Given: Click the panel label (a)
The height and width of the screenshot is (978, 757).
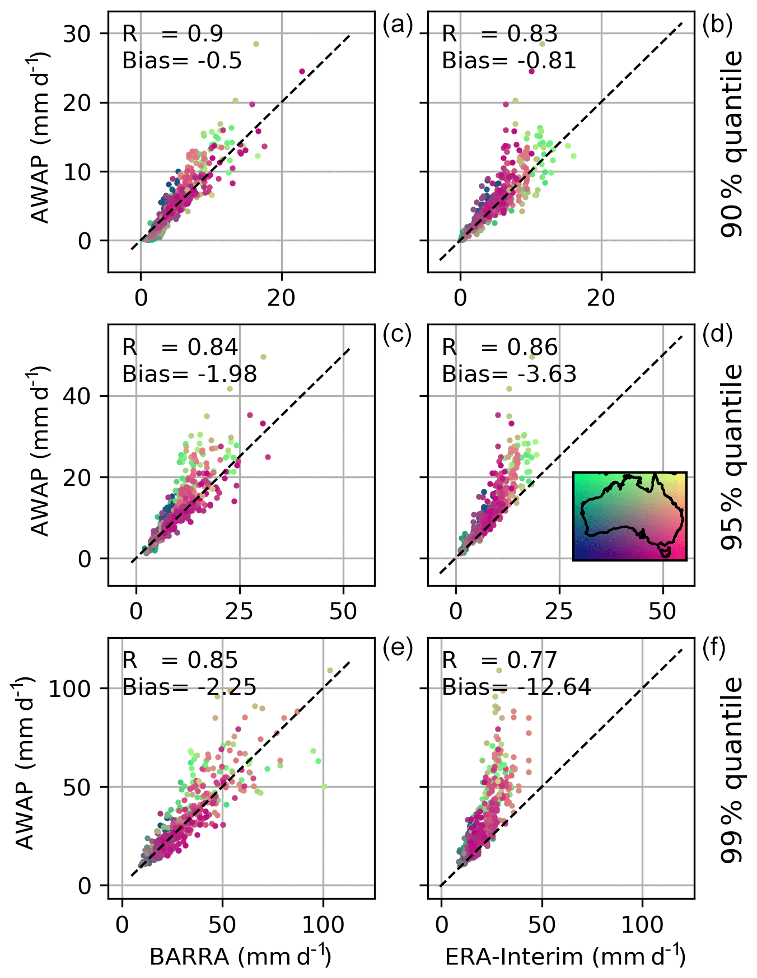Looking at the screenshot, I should pyautogui.click(x=397, y=25).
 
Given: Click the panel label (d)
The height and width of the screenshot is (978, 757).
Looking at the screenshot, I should pyautogui.click(x=717, y=334).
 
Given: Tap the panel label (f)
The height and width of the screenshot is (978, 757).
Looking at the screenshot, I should pyautogui.click(x=714, y=648).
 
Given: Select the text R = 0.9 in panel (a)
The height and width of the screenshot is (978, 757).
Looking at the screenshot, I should pyautogui.click(x=172, y=34).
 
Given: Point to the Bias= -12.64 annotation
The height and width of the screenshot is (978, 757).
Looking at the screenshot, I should pyautogui.click(x=516, y=687).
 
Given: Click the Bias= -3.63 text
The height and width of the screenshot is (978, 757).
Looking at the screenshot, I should pyautogui.click(x=509, y=374).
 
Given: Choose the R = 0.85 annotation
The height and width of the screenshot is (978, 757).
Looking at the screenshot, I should pyautogui.click(x=180, y=661).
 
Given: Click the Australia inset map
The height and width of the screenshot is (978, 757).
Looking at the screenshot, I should pyautogui.click(x=629, y=516).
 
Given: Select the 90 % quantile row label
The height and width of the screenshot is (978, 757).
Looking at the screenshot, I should pyautogui.click(x=731, y=144).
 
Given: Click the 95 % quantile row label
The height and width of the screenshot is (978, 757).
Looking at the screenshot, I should pyautogui.click(x=731, y=457).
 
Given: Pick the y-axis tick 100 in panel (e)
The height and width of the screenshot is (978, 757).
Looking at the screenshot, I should pyautogui.click(x=69, y=688).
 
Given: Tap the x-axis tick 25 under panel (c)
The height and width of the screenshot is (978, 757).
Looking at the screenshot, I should pyautogui.click(x=239, y=611).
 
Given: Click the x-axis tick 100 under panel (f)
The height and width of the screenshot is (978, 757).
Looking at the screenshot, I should pyautogui.click(x=642, y=925).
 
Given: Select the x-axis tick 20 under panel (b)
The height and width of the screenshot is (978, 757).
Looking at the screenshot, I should pyautogui.click(x=601, y=298).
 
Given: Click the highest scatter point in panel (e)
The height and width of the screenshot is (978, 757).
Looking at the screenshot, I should pyautogui.click(x=330, y=670).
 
